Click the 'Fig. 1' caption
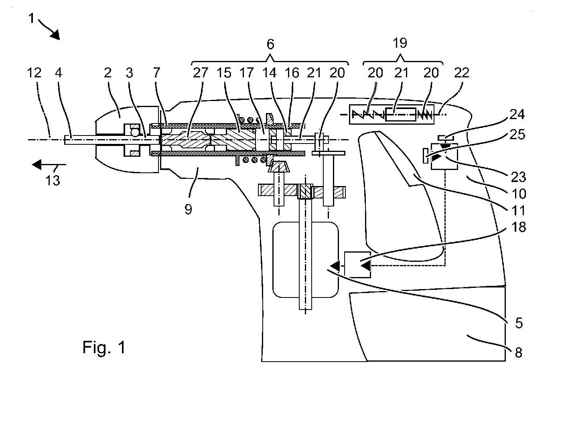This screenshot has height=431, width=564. [x=104, y=347]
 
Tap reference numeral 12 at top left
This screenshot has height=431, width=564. [x=34, y=73]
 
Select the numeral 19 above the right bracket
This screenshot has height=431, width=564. [x=400, y=43]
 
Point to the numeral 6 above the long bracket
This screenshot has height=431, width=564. [x=270, y=45]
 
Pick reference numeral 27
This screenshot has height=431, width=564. [x=201, y=73]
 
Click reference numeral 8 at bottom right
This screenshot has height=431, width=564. [x=518, y=352]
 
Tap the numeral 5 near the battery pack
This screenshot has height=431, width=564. [x=519, y=323]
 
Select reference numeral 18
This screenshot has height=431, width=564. [x=519, y=227]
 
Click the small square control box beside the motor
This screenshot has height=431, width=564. [x=357, y=265]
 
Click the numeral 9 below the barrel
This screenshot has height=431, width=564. [x=188, y=209]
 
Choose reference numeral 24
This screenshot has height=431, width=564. [x=517, y=114]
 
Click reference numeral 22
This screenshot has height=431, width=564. [x=461, y=73]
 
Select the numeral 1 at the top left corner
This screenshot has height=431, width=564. [x=31, y=19]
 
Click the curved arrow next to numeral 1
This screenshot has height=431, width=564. [x=51, y=31]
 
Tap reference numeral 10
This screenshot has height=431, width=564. [x=519, y=194]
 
